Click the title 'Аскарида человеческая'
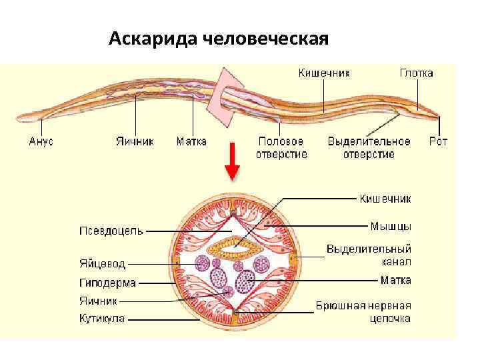(x=219, y=38)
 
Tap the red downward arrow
(x=232, y=161)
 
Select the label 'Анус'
(x=41, y=141)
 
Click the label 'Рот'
(x=438, y=141)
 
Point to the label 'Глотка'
(x=417, y=73)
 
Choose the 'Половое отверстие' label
(x=281, y=148)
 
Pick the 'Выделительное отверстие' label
(x=369, y=148)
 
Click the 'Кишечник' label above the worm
(x=324, y=73)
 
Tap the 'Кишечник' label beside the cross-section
(x=385, y=198)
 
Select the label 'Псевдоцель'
(x=111, y=231)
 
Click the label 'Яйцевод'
(x=102, y=264)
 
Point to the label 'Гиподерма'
(x=107, y=283)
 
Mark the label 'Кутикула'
(x=102, y=319)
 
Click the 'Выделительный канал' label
(x=369, y=255)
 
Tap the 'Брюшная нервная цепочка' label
(x=363, y=311)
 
